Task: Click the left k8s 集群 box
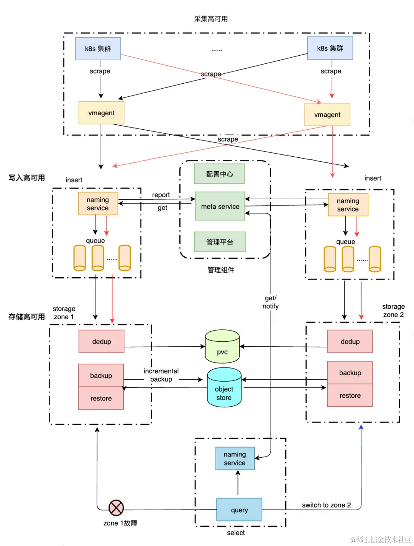(x=98, y=48)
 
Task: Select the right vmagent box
(x=327, y=114)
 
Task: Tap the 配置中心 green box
(x=219, y=174)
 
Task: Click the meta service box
(x=220, y=206)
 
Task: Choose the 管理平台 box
(x=219, y=242)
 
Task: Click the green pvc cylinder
(x=222, y=347)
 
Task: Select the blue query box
(x=239, y=510)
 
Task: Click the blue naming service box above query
(x=235, y=458)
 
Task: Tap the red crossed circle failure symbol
(x=116, y=508)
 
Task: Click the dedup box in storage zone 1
(x=102, y=341)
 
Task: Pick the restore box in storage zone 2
(x=350, y=395)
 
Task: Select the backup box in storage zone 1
(x=101, y=375)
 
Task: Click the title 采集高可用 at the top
(x=211, y=19)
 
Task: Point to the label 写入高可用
(x=27, y=178)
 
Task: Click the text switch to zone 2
(x=326, y=505)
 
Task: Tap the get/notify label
(x=271, y=302)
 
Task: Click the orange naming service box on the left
(x=98, y=204)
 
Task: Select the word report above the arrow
(x=161, y=195)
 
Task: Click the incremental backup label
(x=161, y=375)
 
